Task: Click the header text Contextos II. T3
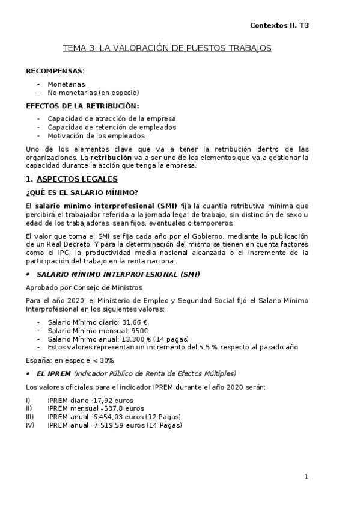coord(279,26)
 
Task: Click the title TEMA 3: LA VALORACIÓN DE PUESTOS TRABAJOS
coord(168,48)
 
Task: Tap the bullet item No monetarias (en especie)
coord(93,93)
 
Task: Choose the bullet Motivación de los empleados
coord(96,136)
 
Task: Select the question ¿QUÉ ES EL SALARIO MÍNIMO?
coord(82,192)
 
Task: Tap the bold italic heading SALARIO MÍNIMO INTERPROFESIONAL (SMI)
coord(118,274)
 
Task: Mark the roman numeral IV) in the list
coord(30,425)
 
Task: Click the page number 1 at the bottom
coord(306,477)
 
